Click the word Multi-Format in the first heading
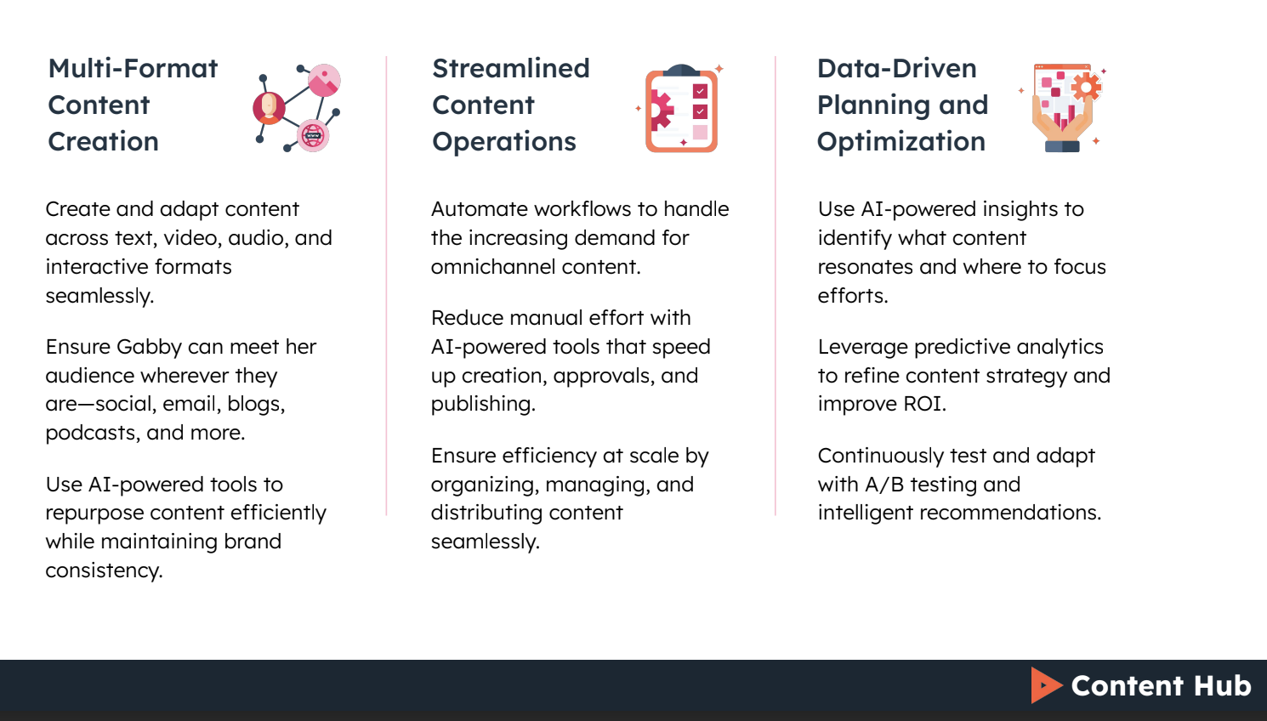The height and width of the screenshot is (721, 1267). coord(133,69)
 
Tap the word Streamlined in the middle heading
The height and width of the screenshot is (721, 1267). coord(510,69)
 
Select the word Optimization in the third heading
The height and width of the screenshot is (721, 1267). coord(901,142)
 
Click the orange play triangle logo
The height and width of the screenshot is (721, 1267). coord(1045,685)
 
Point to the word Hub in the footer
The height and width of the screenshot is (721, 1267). coord(1222,685)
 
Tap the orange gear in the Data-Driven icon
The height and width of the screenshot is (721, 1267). coord(1086,86)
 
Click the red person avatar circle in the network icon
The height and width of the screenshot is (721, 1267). coord(269,107)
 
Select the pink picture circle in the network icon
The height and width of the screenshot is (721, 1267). coord(324,81)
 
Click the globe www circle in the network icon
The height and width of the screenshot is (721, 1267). coord(313,135)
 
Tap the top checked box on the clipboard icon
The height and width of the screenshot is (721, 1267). coord(700,91)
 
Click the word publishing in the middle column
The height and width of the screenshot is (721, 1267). coord(482,404)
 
